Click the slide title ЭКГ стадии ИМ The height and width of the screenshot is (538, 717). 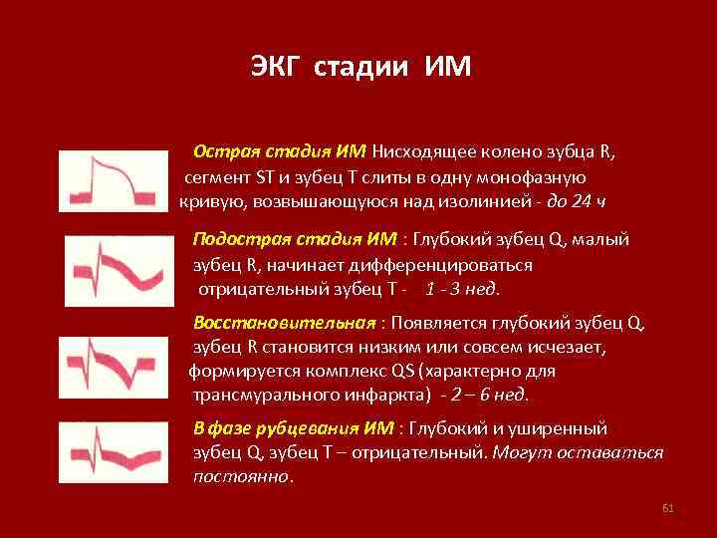pyautogui.click(x=359, y=68)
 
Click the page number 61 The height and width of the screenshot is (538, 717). pyautogui.click(x=668, y=509)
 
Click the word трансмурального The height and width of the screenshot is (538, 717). pyautogui.click(x=256, y=395)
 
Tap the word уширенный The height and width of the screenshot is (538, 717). pyautogui.click(x=563, y=428)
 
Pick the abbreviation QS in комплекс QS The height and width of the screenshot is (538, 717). pyautogui.click(x=404, y=371)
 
